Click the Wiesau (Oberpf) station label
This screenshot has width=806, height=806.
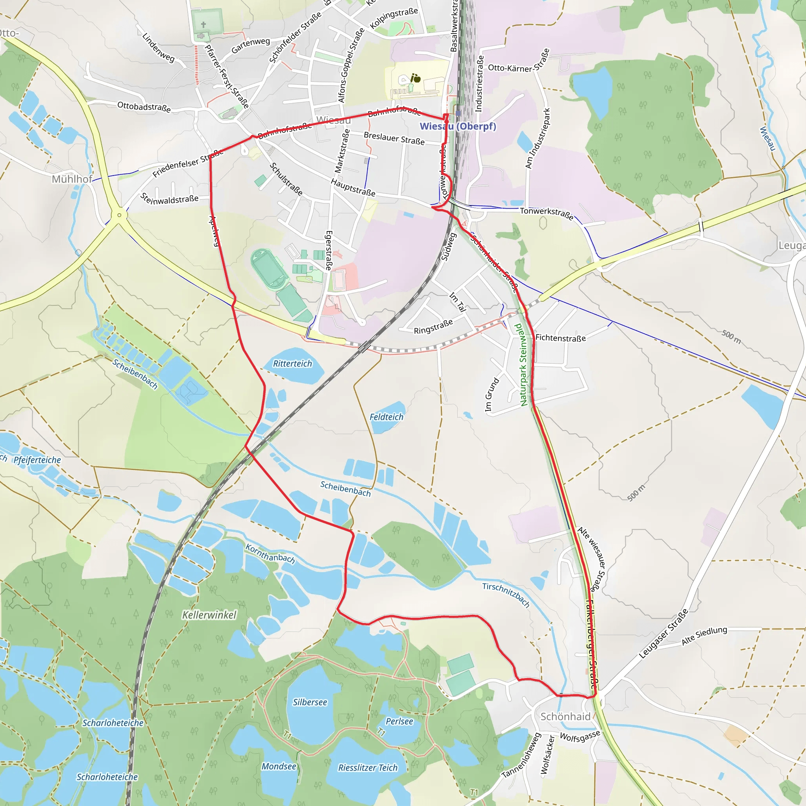[x=458, y=126]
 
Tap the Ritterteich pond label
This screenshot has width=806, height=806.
[x=292, y=363]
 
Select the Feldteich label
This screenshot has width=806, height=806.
[x=386, y=417]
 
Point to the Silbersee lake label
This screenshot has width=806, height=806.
[x=310, y=702]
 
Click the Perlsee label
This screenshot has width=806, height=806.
[x=399, y=721]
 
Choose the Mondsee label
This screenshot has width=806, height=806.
[x=279, y=766]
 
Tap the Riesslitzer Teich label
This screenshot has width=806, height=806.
[x=368, y=767]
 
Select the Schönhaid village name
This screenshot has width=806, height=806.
[x=565, y=716]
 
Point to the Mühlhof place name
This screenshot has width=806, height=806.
[x=72, y=179]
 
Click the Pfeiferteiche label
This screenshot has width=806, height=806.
[x=37, y=460]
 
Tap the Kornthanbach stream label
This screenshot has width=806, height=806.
[x=270, y=553]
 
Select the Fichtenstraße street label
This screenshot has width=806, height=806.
[x=560, y=338]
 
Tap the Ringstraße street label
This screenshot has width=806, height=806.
[x=433, y=327]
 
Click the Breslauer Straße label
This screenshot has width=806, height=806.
[x=394, y=138]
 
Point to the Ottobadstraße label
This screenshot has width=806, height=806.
[x=144, y=107]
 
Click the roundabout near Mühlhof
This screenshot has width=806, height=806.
[x=119, y=215]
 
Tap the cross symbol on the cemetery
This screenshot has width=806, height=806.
[x=203, y=25]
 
